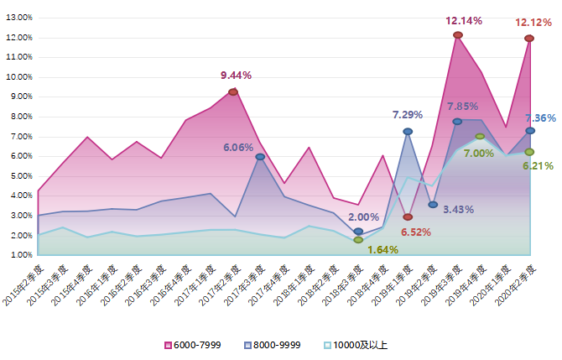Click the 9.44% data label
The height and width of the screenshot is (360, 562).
tap(236, 76)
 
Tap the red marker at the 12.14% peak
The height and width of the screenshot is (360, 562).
tap(458, 35)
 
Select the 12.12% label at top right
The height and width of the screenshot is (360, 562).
tap(533, 23)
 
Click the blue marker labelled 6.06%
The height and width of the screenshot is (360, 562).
tap(260, 157)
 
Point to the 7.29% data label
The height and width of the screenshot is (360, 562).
tap(408, 115)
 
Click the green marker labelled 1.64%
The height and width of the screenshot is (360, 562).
tap(358, 240)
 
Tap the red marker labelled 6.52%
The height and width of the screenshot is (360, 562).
tap(408, 217)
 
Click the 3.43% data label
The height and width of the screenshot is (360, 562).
tap(459, 209)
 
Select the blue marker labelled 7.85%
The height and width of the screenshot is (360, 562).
tap(457, 122)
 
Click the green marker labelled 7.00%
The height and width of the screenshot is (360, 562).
tap(480, 136)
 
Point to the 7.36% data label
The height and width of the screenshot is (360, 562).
tap(540, 119)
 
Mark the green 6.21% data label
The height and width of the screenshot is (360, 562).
tap(538, 166)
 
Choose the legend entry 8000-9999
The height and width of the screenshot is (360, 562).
tap(273, 345)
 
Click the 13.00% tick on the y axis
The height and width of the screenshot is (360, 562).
tap(18, 18)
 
